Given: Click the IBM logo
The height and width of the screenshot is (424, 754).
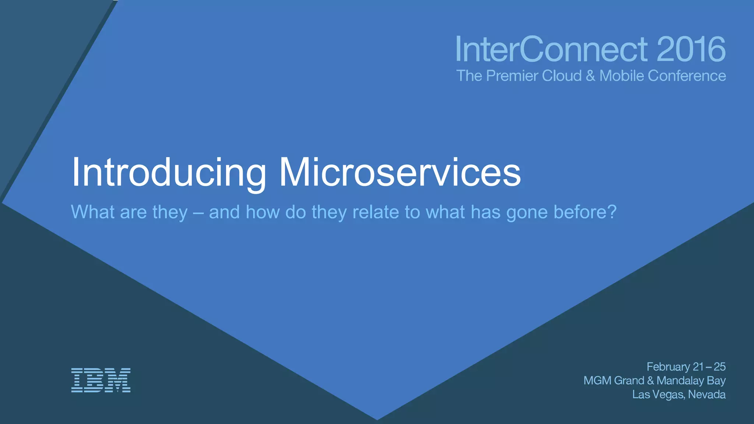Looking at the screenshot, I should tap(101, 380).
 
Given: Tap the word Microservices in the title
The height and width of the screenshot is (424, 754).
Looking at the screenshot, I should tap(400, 173).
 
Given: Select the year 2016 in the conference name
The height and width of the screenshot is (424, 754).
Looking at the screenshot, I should tap(691, 49).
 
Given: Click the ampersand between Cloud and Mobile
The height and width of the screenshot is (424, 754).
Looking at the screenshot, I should tap(590, 76).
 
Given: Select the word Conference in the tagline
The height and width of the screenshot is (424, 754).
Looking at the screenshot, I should tap(687, 76).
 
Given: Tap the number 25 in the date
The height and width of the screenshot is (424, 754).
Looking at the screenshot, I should tap(719, 367).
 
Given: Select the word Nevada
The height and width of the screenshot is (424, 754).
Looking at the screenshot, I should tap(707, 394).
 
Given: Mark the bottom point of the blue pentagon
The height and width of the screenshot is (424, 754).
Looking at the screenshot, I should tap(377, 419).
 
